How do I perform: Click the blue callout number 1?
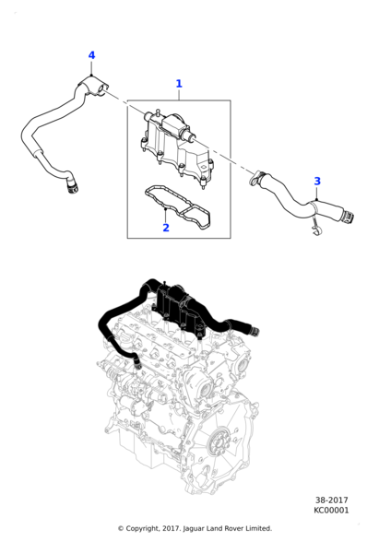179,84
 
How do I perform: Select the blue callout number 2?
165,228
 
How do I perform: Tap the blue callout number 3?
317,182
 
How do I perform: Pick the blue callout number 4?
91,56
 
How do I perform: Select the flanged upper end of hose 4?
90,88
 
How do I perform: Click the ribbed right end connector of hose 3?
345,218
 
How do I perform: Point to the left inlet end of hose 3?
260,178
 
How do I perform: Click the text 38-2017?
330,500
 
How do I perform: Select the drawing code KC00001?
330,511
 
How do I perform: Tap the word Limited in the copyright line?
255,528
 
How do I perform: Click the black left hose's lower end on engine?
135,361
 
